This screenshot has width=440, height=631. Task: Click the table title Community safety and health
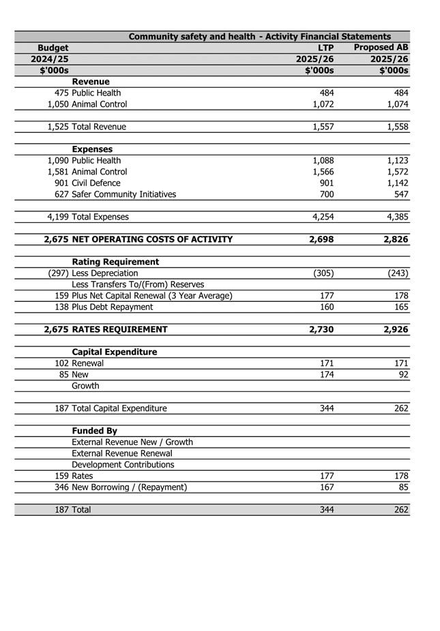pyautogui.click(x=259, y=36)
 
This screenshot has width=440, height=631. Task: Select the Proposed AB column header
pyautogui.click(x=381, y=48)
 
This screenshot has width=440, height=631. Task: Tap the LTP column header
pyautogui.click(x=326, y=48)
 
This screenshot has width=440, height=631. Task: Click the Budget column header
pyautogui.click(x=53, y=48)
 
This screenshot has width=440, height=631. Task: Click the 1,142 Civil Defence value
pyautogui.click(x=396, y=183)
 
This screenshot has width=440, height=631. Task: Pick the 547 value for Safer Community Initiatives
pyautogui.click(x=400, y=194)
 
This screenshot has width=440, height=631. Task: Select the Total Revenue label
pyautogui.click(x=99, y=127)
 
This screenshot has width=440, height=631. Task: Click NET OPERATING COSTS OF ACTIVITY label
pyautogui.click(x=152, y=239)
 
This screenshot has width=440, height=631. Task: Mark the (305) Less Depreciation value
pyautogui.click(x=323, y=273)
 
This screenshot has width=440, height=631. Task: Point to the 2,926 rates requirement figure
pyautogui.click(x=394, y=329)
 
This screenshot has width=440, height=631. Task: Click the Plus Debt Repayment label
pyautogui.click(x=112, y=307)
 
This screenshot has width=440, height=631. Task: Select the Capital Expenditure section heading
pyautogui.click(x=114, y=352)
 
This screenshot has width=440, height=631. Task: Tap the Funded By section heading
pyautogui.click(x=94, y=431)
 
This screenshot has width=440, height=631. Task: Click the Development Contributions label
pyautogui.click(x=123, y=465)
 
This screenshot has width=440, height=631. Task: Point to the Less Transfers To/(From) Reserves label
pyautogui.click(x=138, y=284)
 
